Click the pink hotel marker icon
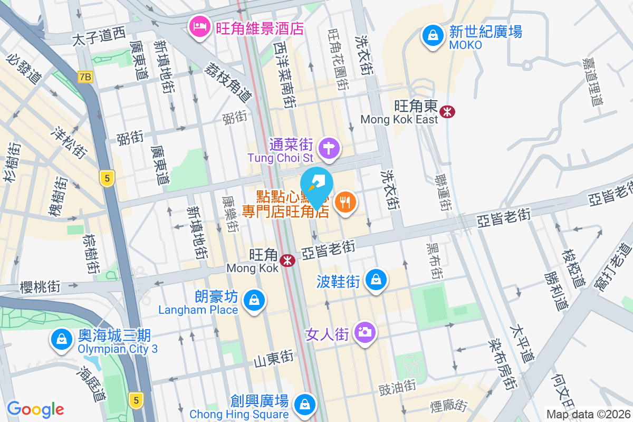coord(200,25)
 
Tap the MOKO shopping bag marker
coord(433,36)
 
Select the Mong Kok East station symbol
coord(448,111)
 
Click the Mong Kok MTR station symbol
coord(287,260)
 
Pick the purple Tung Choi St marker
coord(330,147)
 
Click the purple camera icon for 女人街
coord(365,332)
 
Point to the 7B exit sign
coord(84,77)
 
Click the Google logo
coord(35,409)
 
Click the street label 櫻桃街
coord(40,287)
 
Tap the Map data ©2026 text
coord(588,414)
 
